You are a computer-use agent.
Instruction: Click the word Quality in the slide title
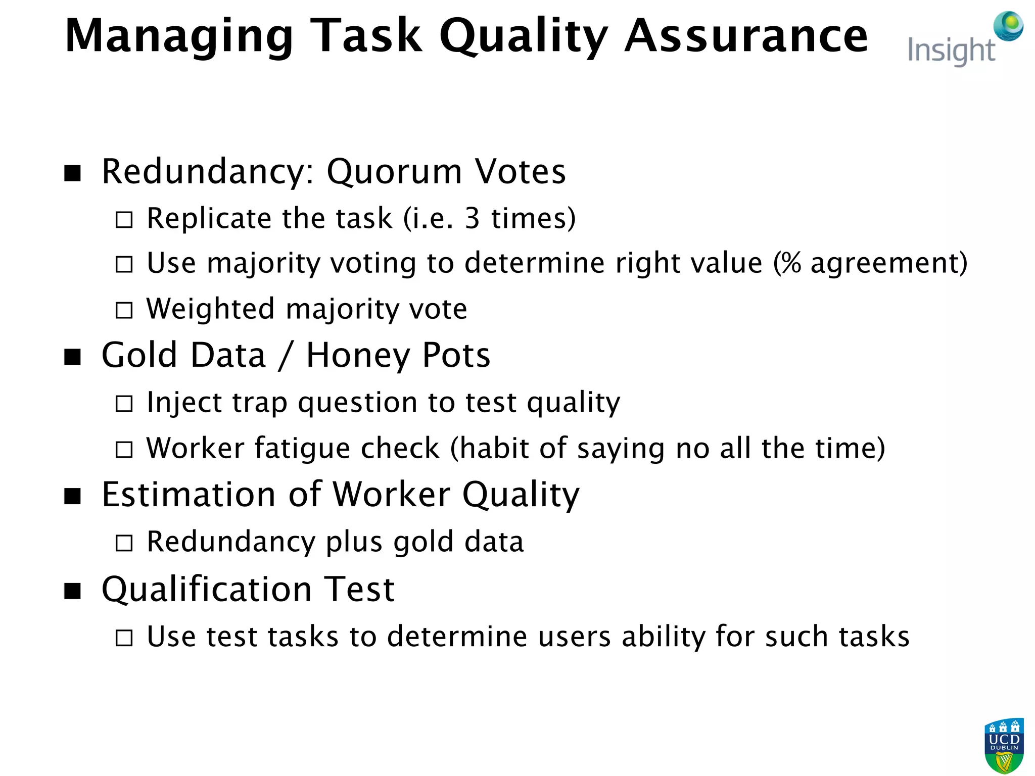tap(524, 36)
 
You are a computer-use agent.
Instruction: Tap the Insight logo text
tap(951, 51)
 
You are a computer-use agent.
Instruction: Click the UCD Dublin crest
tap(1004, 745)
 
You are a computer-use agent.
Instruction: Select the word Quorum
tap(394, 172)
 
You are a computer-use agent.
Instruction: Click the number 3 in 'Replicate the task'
tap(472, 219)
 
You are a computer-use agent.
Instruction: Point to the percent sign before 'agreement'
tap(791, 263)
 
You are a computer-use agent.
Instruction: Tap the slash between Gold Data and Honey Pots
tap(286, 356)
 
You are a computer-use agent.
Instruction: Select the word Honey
tap(358, 356)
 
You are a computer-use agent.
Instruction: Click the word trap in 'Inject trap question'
tap(260, 403)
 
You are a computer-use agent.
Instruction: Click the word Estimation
tap(188, 495)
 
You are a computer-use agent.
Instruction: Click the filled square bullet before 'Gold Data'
tap(73, 357)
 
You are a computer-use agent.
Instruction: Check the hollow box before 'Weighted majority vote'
tap(124, 310)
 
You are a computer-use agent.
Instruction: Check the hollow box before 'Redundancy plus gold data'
tap(124, 543)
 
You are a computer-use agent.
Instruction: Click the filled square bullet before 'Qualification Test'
tap(73, 591)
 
